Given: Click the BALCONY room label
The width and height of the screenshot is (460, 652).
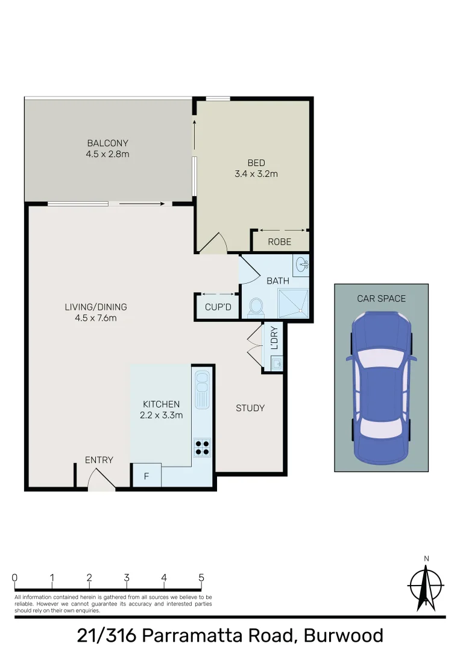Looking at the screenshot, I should [x=107, y=144].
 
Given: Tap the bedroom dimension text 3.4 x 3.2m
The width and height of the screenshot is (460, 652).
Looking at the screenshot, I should [x=256, y=174].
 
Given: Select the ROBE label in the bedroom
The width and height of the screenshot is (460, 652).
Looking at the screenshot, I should [x=280, y=242].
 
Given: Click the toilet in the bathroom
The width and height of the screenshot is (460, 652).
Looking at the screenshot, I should [x=254, y=307].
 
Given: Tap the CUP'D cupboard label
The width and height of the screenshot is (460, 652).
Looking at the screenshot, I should [x=217, y=307].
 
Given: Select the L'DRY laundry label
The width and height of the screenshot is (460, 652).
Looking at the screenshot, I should [x=274, y=339].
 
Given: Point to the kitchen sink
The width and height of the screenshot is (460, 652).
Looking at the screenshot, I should [x=202, y=386].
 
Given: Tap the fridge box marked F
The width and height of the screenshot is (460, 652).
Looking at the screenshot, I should [x=146, y=476].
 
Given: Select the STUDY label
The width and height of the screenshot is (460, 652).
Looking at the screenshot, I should [x=250, y=408].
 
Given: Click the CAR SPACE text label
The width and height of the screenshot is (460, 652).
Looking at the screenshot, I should [x=381, y=298].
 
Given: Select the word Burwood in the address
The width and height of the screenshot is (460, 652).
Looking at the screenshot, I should [x=343, y=636].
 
